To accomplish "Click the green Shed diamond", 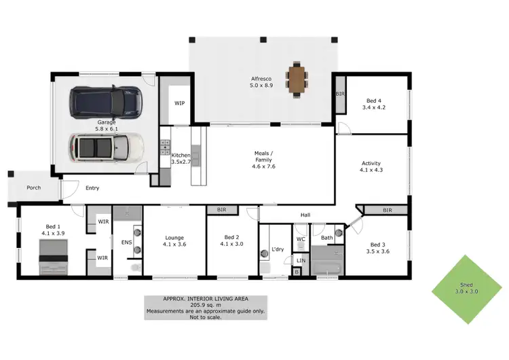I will [466, 289].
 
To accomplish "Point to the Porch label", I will [33, 188].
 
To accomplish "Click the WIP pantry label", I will [180, 103].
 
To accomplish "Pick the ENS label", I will [126, 241].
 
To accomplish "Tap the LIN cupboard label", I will [301, 260].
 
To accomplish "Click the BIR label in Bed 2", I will [221, 211].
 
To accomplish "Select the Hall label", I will [305, 215].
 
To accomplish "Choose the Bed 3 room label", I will [379, 248].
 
